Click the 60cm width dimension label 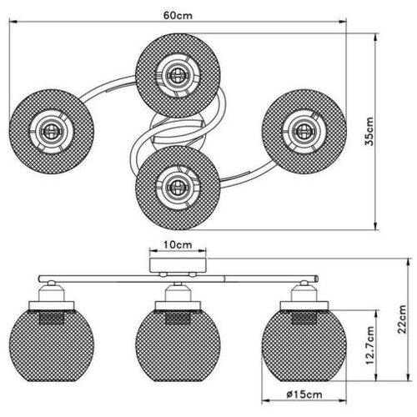[x=178, y=15]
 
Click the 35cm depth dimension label [x=369, y=132]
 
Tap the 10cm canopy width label [x=178, y=244]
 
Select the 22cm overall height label [x=402, y=319]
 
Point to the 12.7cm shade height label [x=369, y=345]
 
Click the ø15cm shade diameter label [x=304, y=394]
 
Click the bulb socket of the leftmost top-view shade [x=51, y=131]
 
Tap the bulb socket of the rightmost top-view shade [x=304, y=131]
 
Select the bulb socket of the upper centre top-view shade [x=178, y=74]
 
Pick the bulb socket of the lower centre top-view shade [x=178, y=188]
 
